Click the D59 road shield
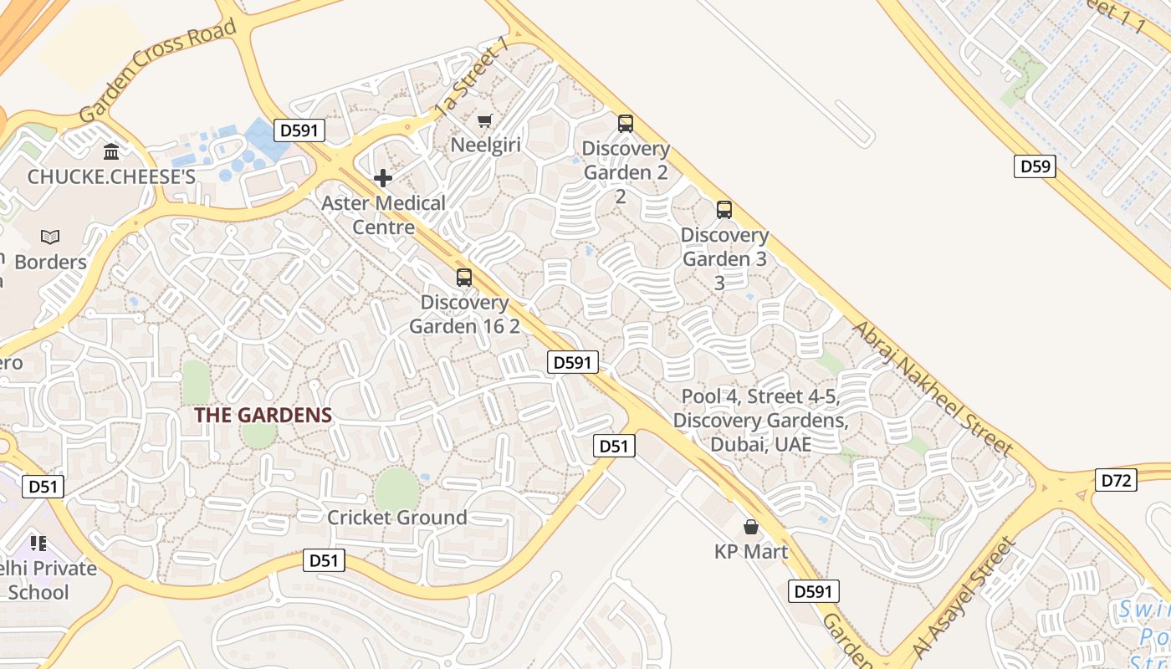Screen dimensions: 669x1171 click(x=1035, y=166)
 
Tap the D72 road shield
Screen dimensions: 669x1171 click(x=1116, y=480)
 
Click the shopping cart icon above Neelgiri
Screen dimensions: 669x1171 click(x=484, y=121)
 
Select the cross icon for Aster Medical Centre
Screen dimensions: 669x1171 click(x=383, y=178)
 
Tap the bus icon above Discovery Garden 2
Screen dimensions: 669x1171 click(x=626, y=124)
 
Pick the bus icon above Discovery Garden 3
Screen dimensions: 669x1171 click(x=724, y=210)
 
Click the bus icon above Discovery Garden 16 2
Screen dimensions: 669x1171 click(x=464, y=278)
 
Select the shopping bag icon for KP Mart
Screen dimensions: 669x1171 click(x=751, y=527)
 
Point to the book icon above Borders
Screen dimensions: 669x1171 click(x=50, y=237)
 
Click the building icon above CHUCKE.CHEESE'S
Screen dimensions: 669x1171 click(x=111, y=151)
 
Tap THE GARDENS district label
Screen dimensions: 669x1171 click(x=263, y=415)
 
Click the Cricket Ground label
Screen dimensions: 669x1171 click(x=397, y=518)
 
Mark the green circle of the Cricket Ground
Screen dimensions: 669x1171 click(x=396, y=488)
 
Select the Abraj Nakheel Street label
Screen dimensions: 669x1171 click(x=933, y=388)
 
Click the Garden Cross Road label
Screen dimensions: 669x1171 click(x=158, y=72)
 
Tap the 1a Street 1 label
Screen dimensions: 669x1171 click(x=472, y=79)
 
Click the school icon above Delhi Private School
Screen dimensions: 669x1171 click(x=38, y=544)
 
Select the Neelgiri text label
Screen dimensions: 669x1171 click(x=486, y=145)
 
